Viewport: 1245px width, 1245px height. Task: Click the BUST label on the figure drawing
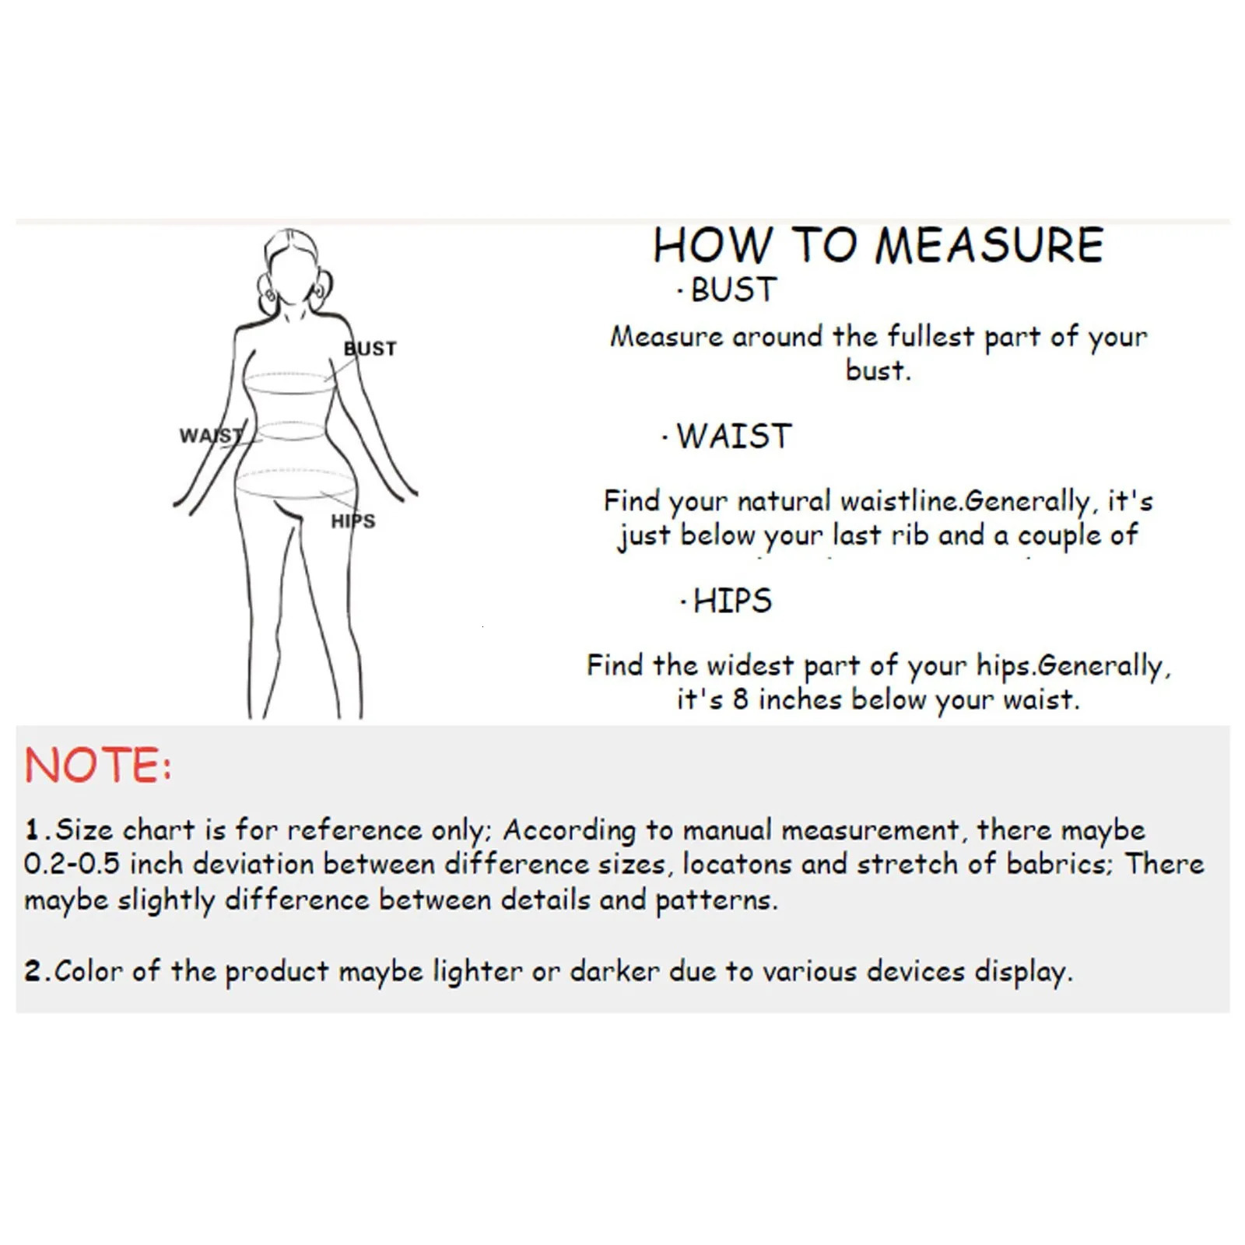(x=370, y=348)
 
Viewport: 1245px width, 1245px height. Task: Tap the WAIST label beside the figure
(x=211, y=436)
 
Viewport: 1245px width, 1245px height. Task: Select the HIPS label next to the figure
(x=353, y=521)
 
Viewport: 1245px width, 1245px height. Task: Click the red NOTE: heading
(x=98, y=765)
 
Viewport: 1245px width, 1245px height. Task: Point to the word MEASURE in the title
(x=989, y=246)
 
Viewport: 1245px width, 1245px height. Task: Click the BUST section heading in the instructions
(x=734, y=290)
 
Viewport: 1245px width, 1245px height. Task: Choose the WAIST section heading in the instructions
(x=734, y=436)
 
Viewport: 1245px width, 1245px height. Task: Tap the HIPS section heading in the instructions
(x=732, y=601)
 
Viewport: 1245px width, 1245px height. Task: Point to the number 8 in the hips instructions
(x=740, y=699)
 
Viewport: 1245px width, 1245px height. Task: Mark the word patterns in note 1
(x=716, y=900)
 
